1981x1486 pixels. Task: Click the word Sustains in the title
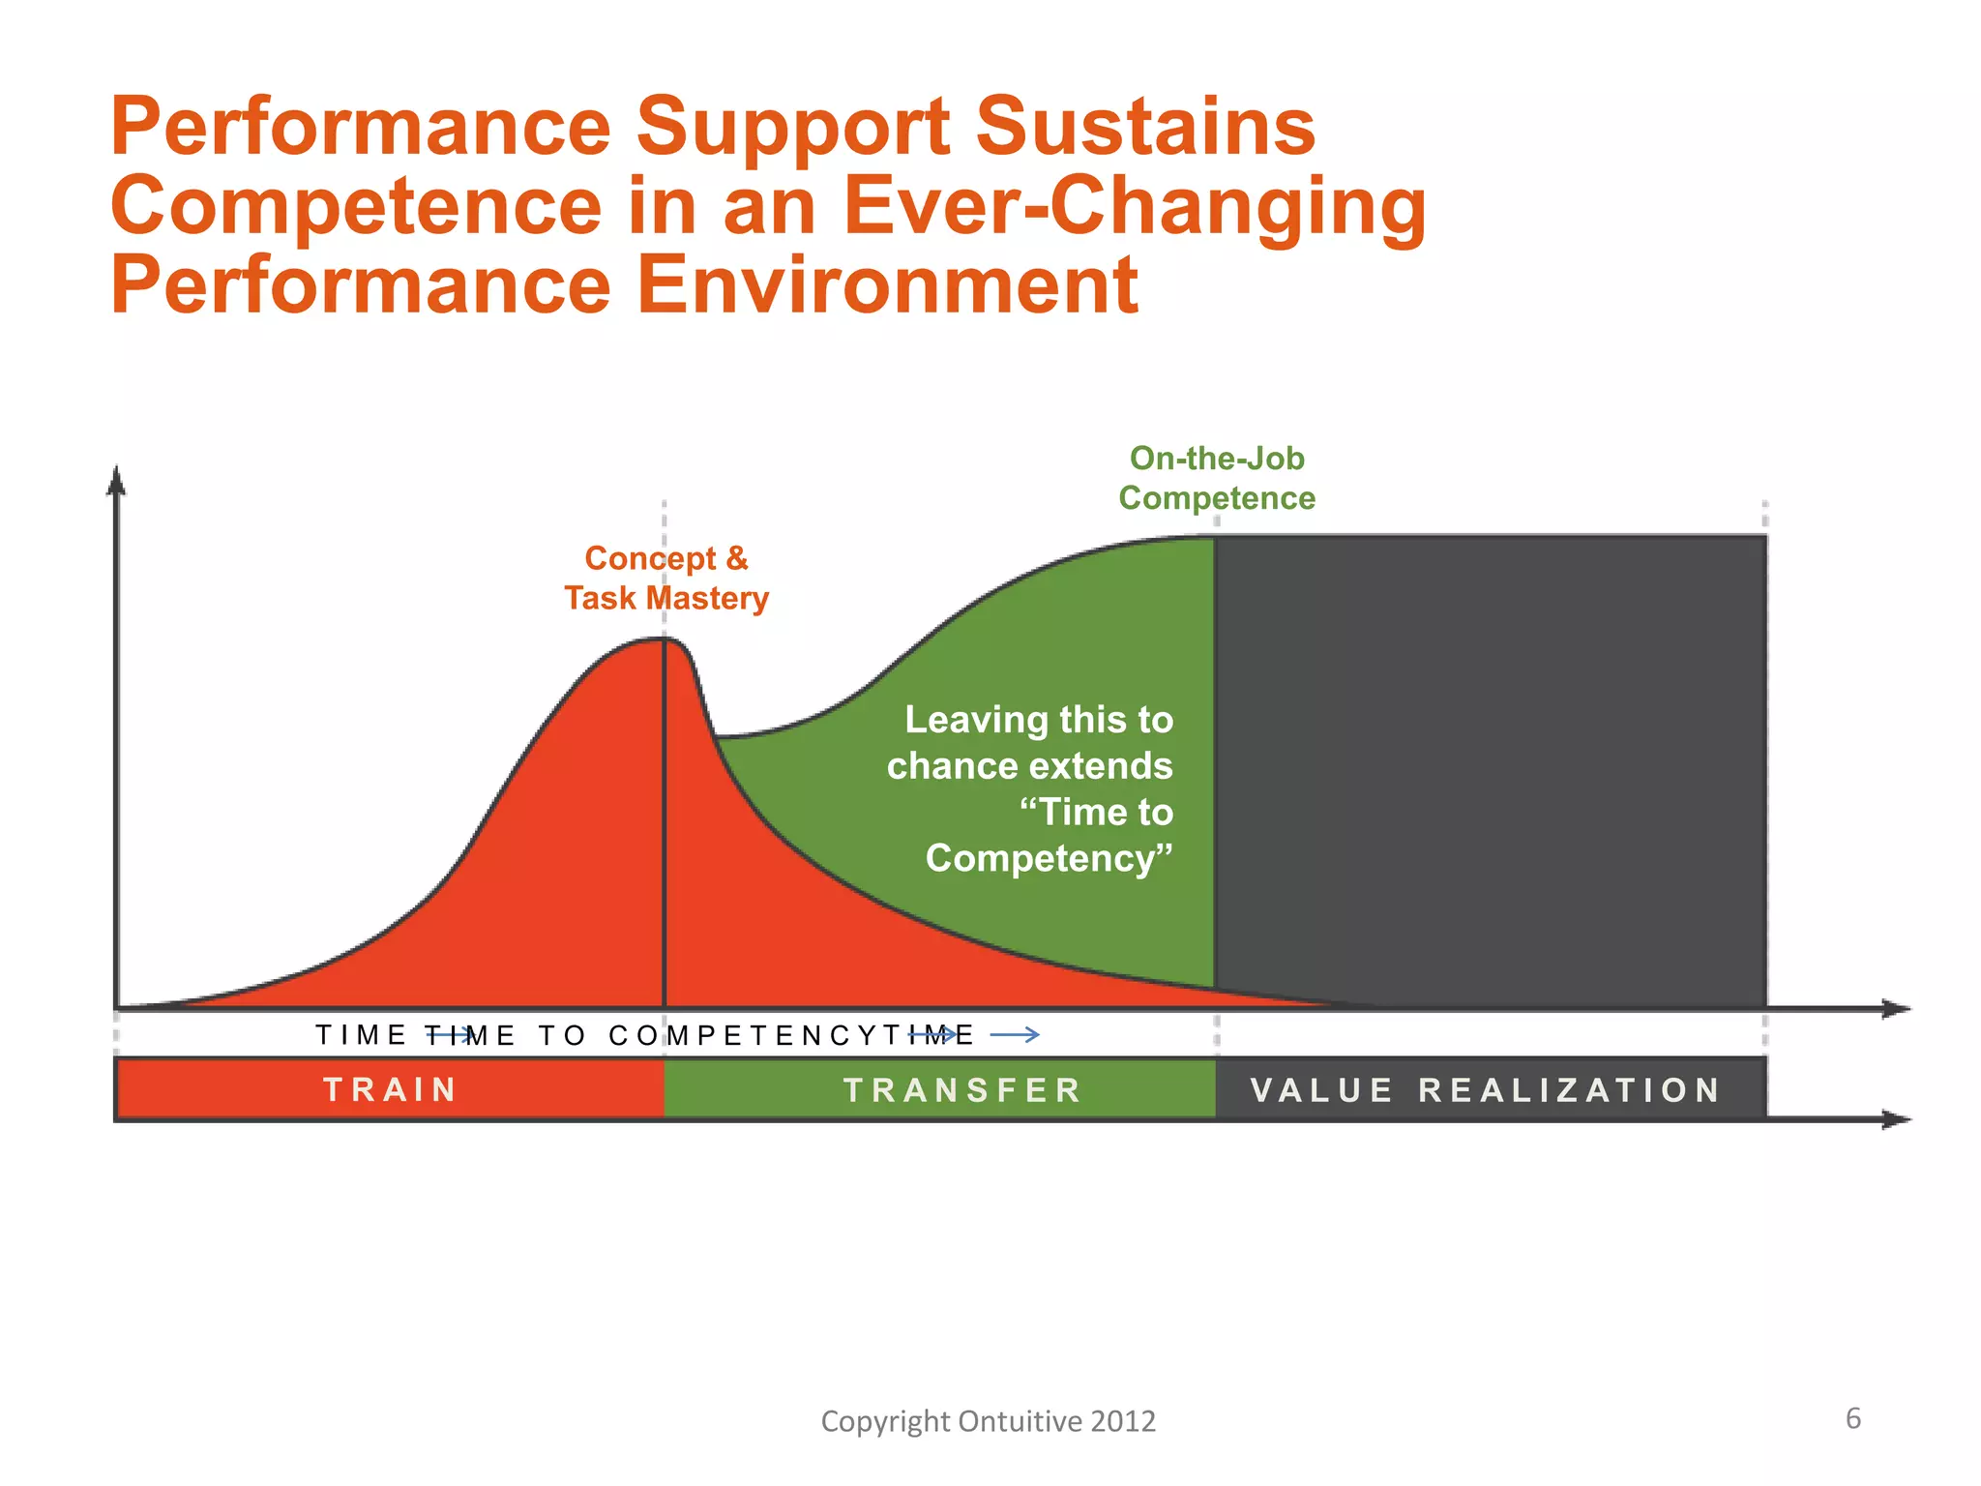[1145, 127]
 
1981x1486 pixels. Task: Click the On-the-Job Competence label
[1217, 478]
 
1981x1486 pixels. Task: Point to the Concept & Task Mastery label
[666, 578]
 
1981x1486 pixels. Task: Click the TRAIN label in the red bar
[391, 1089]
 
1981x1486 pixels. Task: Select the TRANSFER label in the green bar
[962, 1090]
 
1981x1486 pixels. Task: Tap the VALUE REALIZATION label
[1486, 1090]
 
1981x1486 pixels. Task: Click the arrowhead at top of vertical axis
[116, 480]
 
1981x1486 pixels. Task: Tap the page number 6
[1852, 1418]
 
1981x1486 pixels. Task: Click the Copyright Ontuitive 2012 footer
[988, 1420]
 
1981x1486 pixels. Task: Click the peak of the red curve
[664, 639]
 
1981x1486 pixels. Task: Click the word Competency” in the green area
[1049, 858]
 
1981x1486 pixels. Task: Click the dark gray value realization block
[1490, 774]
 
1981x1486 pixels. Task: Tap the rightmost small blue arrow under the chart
[1016, 1035]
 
